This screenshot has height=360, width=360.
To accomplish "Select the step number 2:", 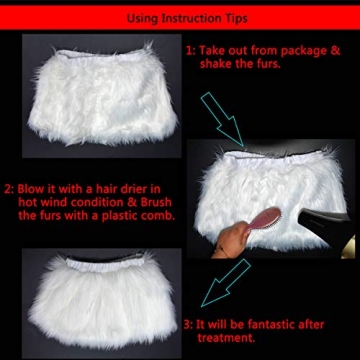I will (x=9, y=187).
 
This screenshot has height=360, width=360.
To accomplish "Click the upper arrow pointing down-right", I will (x=221, y=114).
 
